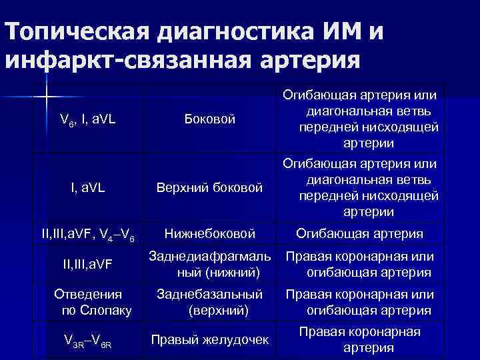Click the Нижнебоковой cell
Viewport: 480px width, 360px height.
pos(210,233)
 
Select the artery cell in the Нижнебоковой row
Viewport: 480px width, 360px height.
pos(360,233)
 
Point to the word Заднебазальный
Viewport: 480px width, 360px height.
pos(209,294)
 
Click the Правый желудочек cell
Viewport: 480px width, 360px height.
pos(209,339)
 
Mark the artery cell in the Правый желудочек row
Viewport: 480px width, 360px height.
pos(359,339)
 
